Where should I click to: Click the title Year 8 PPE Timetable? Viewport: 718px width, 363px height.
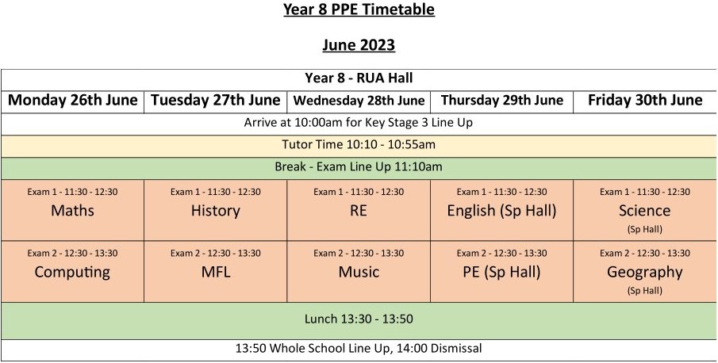click(359, 10)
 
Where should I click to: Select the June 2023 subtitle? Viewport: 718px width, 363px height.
click(359, 45)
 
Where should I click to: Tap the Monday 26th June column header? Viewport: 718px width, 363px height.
click(73, 100)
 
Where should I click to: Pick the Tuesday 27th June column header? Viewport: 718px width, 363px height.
click(216, 100)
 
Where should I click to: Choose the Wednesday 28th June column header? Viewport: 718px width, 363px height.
click(359, 101)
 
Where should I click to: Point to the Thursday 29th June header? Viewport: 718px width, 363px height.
click(502, 101)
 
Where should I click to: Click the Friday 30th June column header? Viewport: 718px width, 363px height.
click(645, 100)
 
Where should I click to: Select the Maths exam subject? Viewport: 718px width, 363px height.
click(72, 210)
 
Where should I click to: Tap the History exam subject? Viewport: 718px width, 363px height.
click(216, 211)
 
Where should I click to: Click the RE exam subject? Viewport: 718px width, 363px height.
click(359, 210)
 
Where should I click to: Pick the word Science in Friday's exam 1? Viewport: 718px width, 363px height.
click(645, 210)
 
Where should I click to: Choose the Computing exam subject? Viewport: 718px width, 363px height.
click(72, 273)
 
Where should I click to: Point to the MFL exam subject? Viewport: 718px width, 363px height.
click(216, 272)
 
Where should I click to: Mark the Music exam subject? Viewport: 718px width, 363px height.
click(359, 272)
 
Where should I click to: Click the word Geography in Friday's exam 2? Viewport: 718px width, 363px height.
click(645, 273)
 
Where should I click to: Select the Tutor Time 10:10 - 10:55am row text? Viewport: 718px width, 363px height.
click(359, 145)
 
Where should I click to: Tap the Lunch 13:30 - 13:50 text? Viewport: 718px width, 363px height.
click(359, 319)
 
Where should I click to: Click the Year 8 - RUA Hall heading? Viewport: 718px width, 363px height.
click(359, 78)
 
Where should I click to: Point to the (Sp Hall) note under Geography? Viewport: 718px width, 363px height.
click(645, 291)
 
